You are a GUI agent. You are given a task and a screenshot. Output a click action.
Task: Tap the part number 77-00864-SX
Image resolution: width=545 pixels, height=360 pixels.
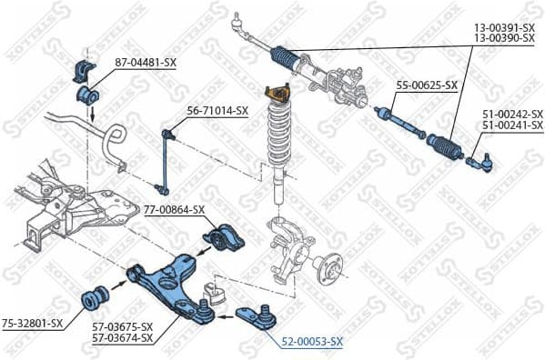[x=174, y=209]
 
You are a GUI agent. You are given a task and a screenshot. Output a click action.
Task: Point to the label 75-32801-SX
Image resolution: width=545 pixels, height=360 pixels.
[x=32, y=322]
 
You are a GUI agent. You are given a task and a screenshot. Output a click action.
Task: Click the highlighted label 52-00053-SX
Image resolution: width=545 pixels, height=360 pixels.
[x=312, y=341]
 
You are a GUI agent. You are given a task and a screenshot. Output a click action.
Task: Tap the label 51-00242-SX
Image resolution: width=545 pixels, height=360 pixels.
[x=512, y=113]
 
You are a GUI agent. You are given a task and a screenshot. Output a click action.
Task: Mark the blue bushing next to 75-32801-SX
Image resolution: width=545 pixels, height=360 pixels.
[x=96, y=297]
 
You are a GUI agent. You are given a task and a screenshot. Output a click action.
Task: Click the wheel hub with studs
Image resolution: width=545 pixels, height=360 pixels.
[x=329, y=266]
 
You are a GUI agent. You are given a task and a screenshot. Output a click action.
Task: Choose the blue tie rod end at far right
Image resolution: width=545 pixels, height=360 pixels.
[x=480, y=164]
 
